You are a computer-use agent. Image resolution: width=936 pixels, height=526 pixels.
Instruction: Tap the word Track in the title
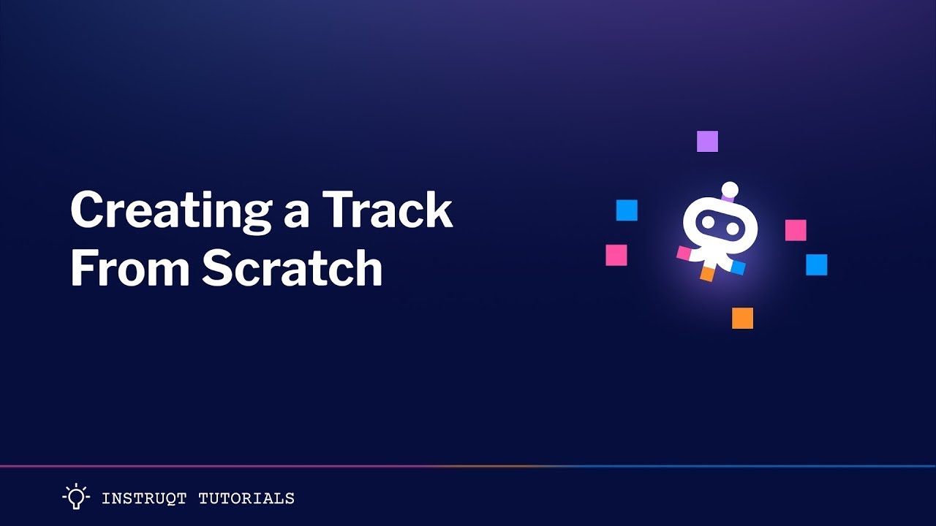click(388, 210)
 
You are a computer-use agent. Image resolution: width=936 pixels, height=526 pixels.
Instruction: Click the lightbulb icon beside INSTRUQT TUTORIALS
click(75, 497)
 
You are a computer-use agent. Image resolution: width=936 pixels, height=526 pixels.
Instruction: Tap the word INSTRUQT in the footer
click(143, 499)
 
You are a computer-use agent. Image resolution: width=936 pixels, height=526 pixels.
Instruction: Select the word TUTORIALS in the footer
click(246, 499)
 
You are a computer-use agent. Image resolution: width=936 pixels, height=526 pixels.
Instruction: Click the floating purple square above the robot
click(707, 141)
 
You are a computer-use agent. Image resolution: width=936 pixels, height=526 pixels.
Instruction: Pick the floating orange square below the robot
click(742, 318)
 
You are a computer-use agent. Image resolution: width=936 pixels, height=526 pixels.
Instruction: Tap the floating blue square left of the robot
click(627, 210)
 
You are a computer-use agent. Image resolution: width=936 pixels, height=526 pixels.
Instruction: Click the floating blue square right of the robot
click(816, 264)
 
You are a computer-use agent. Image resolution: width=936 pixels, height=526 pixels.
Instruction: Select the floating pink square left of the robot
click(616, 255)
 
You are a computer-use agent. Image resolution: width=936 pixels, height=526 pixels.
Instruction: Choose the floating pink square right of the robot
click(796, 230)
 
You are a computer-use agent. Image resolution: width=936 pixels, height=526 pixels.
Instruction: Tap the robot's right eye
click(733, 229)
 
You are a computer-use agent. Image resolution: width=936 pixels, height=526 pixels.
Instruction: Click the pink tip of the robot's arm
click(684, 254)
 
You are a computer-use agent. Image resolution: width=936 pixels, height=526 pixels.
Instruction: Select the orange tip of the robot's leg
click(707, 274)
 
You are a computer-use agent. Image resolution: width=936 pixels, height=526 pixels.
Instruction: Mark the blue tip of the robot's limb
click(738, 267)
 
